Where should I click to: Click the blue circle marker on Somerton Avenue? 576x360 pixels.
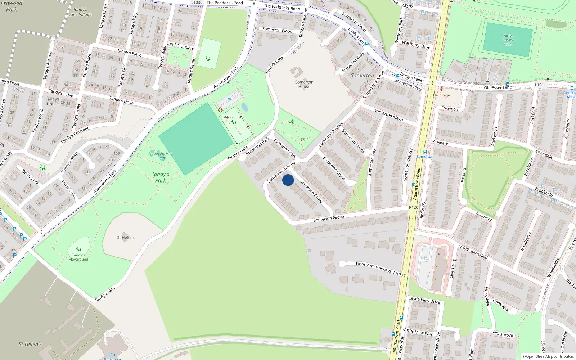tap(288, 180)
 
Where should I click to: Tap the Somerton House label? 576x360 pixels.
tap(304, 84)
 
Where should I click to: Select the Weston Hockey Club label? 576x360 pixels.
tap(508, 40)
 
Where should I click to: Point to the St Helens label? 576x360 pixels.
tap(126, 238)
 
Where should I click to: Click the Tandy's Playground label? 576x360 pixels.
tap(78, 257)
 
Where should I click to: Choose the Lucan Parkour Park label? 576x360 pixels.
tap(161, 156)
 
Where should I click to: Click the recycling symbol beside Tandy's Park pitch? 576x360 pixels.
tap(220, 110)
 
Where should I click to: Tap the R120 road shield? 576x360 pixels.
tap(414, 207)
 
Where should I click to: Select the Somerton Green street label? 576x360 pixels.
tap(329, 218)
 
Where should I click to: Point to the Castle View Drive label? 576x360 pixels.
tap(424, 300)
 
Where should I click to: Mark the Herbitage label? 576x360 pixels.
tap(442, 95)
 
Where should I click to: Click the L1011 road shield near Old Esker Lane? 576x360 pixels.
tap(540, 85)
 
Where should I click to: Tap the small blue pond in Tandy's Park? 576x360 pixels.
tap(244, 107)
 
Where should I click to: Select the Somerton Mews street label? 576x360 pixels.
tap(389, 115)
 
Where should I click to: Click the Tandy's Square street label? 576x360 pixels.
tap(180, 46)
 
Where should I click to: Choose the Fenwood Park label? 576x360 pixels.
tap(12, 6)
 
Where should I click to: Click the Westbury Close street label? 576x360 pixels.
tap(416, 45)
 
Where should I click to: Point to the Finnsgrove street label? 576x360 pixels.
tap(503, 334)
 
